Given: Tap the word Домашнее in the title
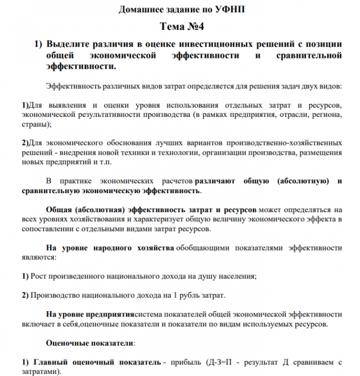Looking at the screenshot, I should click(x=142, y=10).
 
